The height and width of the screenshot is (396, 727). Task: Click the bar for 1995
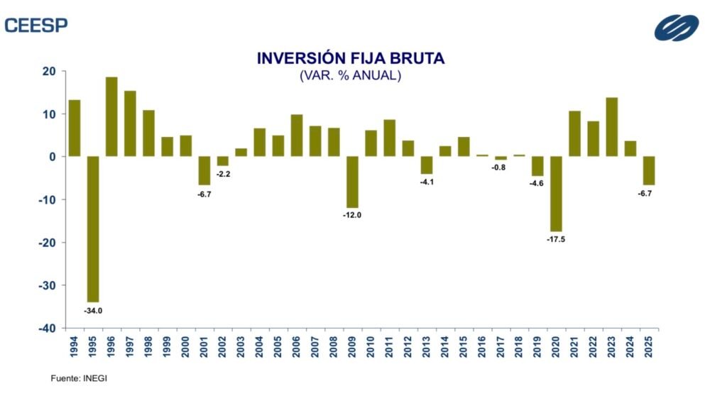pyautogui.click(x=93, y=229)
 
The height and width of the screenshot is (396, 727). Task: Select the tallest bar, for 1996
pyautogui.click(x=111, y=116)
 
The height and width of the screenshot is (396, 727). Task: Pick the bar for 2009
pyautogui.click(x=352, y=182)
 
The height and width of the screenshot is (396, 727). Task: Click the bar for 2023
pyautogui.click(x=611, y=127)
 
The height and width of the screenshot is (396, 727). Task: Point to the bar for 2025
pyautogui.click(x=648, y=170)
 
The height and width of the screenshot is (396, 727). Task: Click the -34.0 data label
pyautogui.click(x=94, y=311)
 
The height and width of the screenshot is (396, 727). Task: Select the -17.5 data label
pyautogui.click(x=556, y=240)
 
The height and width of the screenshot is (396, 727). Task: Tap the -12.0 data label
pyautogui.click(x=352, y=216)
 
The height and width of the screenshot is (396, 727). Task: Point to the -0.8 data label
pyautogui.click(x=501, y=167)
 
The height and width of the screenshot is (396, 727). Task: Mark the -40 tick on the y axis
pyautogui.click(x=47, y=328)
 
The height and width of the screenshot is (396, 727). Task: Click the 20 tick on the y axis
pyautogui.click(x=50, y=71)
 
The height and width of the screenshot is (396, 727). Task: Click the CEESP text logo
pyautogui.click(x=36, y=25)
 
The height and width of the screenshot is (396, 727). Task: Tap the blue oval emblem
pyautogui.click(x=676, y=28)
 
